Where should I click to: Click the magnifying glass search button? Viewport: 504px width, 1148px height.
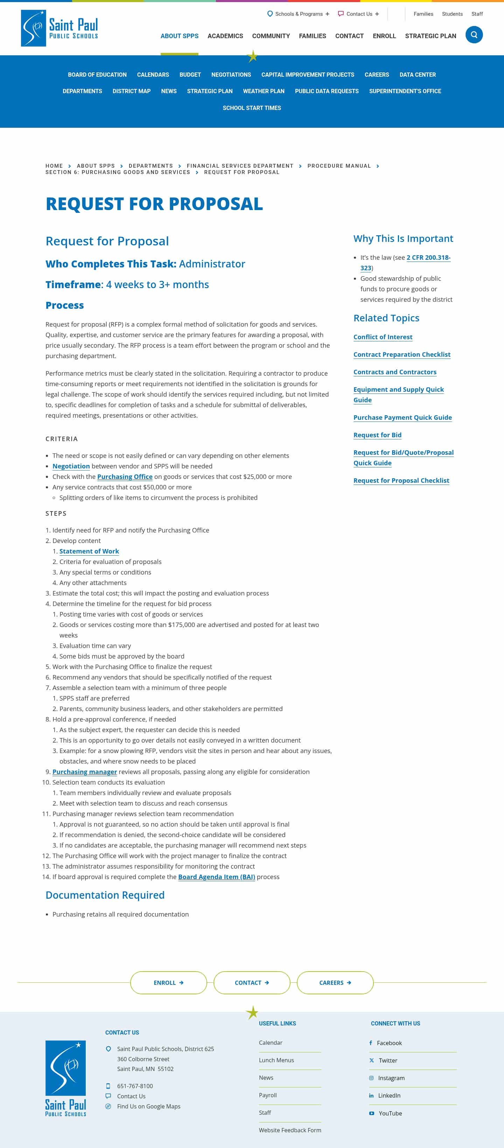[474, 35]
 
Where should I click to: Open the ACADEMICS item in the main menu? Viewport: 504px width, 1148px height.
[225, 36]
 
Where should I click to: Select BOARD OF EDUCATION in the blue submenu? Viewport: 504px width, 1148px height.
[97, 75]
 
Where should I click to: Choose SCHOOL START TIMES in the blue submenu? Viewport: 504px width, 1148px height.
[252, 108]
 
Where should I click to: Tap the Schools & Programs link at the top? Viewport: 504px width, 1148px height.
[298, 14]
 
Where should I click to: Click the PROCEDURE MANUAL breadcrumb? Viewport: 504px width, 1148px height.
[339, 166]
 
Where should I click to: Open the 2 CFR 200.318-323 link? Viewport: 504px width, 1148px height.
[428, 258]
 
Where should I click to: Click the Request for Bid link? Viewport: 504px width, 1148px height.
[377, 435]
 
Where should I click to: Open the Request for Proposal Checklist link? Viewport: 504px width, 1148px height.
[401, 480]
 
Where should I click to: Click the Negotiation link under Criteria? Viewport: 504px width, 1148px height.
[71, 466]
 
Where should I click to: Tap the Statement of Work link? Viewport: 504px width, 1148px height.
[89, 551]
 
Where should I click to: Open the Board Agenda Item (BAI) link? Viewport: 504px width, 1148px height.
[217, 877]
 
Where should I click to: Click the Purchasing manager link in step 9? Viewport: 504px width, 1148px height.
[85, 772]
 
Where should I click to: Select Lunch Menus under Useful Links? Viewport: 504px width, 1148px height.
[276, 1060]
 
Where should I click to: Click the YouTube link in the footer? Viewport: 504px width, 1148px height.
[390, 1113]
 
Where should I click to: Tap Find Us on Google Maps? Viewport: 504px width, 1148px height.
[148, 1107]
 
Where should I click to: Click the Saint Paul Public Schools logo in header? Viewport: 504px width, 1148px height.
[59, 28]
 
